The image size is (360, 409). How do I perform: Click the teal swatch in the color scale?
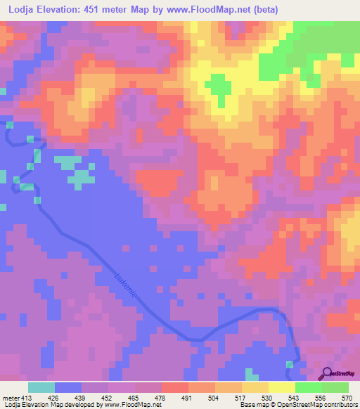(x=41, y=387)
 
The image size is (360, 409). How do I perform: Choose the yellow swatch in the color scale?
(x=282, y=387)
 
